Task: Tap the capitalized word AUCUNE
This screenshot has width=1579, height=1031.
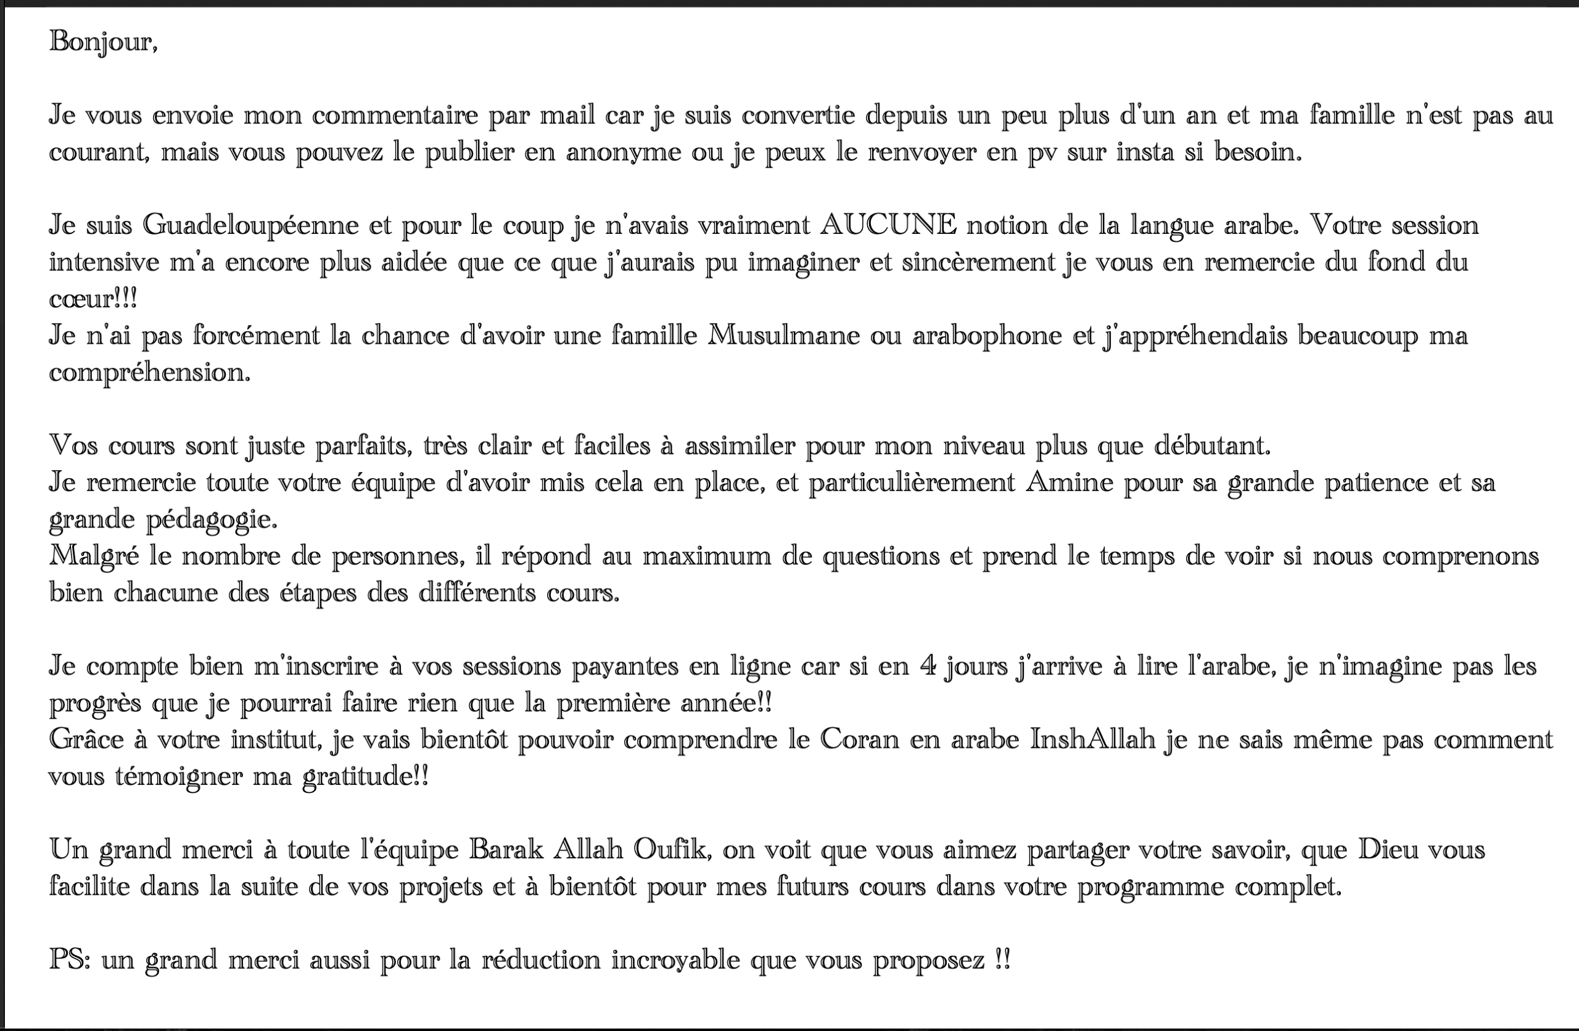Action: [x=888, y=226]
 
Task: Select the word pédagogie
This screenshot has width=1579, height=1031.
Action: [x=212, y=520]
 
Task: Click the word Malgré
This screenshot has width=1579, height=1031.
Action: [x=94, y=556]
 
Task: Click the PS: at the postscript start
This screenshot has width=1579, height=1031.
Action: [x=70, y=960]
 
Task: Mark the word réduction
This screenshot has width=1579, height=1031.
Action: [x=541, y=960]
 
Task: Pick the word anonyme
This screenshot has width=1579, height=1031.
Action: [x=623, y=152]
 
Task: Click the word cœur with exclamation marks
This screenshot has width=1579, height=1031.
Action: [x=93, y=299]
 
